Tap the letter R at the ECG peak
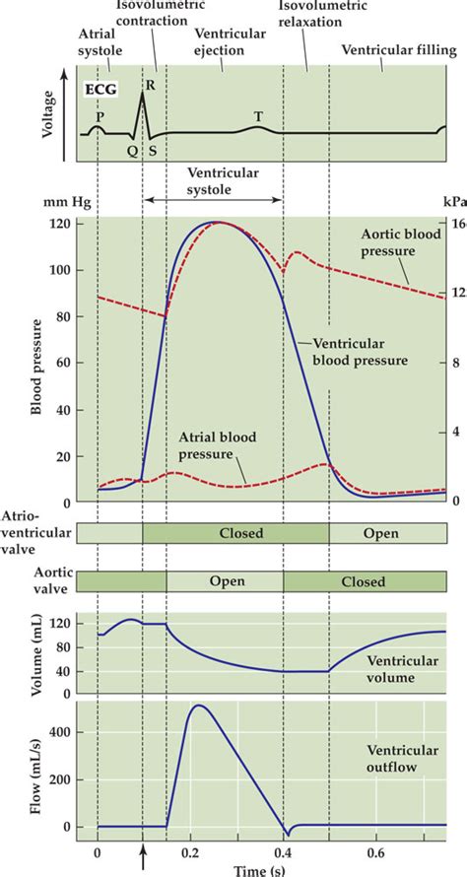click(x=150, y=85)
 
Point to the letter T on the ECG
click(x=258, y=115)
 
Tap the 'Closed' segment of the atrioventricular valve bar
click(x=235, y=533)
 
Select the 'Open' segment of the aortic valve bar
click(x=226, y=581)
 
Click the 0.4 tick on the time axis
click(x=284, y=850)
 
